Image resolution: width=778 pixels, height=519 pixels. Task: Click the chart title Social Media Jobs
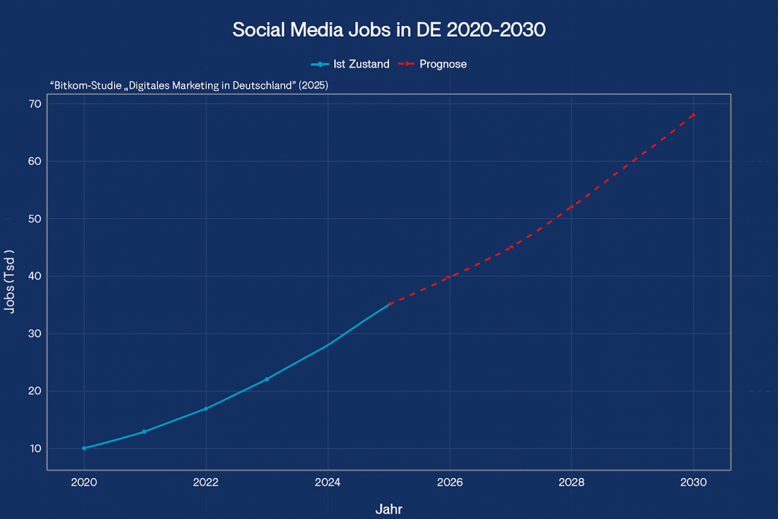tap(389, 30)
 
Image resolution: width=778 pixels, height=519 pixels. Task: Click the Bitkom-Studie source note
tap(188, 86)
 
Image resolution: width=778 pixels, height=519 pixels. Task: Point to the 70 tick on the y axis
tap(35, 103)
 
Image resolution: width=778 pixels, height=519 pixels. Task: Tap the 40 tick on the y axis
tap(35, 277)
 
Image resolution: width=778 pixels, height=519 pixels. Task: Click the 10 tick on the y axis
tap(35, 449)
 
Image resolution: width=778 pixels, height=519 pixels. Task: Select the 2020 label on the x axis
tap(84, 483)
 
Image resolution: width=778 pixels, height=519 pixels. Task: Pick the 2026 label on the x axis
tap(450, 483)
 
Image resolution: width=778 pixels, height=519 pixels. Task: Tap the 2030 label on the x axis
tap(694, 483)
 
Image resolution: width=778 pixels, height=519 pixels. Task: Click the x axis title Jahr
tap(389, 508)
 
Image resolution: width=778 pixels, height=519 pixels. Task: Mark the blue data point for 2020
tap(84, 448)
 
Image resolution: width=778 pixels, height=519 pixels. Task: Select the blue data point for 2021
tap(144, 432)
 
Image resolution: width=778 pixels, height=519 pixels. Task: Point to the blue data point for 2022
tap(206, 408)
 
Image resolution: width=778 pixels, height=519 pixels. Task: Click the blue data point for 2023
tap(267, 379)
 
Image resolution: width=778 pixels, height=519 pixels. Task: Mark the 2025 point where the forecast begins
tap(390, 304)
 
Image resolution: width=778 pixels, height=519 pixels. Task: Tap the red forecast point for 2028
tap(571, 207)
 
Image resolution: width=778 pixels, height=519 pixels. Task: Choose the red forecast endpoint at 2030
tap(694, 115)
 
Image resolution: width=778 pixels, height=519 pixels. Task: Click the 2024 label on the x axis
tap(327, 483)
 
